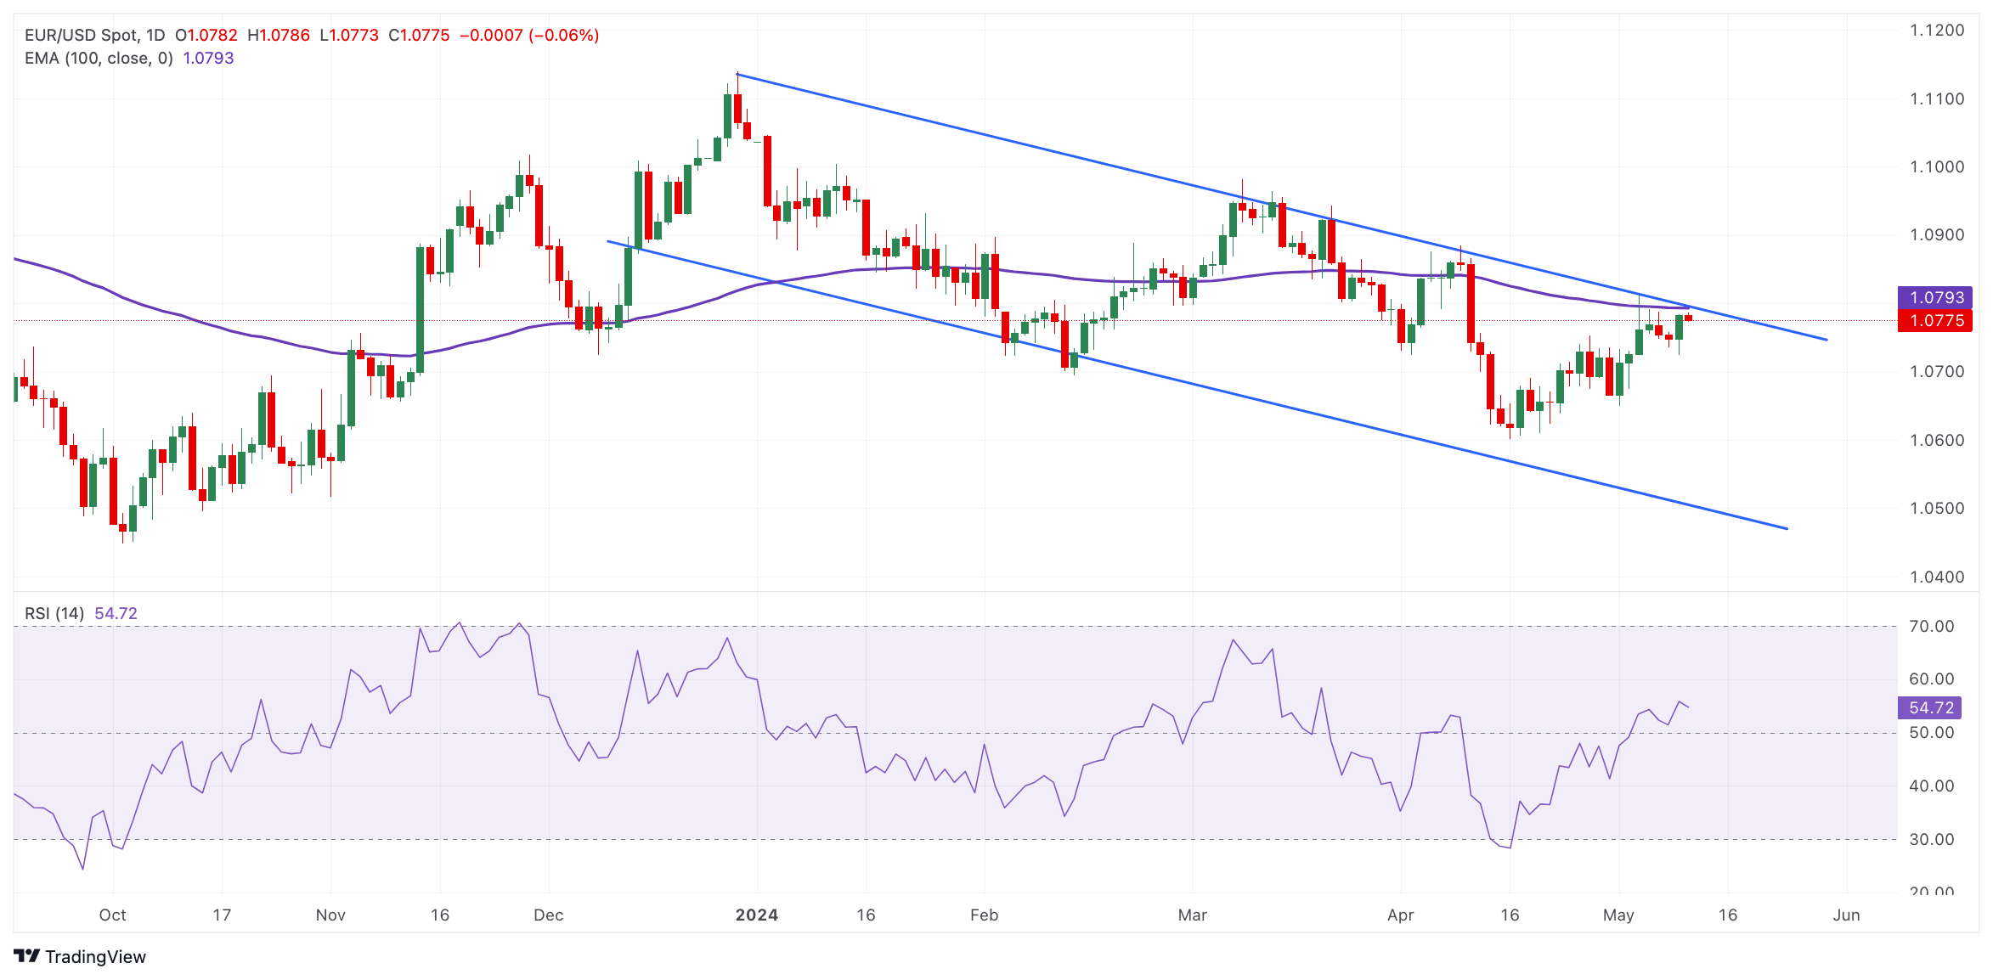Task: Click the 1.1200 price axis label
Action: click(x=1936, y=31)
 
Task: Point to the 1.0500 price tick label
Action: click(x=1936, y=509)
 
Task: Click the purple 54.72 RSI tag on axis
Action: click(x=1930, y=707)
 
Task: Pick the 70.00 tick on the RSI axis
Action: click(x=1931, y=627)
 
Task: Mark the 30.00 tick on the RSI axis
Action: click(x=1931, y=839)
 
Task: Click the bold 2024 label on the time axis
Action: click(x=756, y=915)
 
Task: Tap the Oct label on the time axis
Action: click(x=112, y=915)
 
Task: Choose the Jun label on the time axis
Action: click(x=1846, y=915)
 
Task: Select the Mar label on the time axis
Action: click(x=1192, y=915)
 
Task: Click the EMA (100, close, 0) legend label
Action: click(x=99, y=58)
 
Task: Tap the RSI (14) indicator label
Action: click(x=54, y=613)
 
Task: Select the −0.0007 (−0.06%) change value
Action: click(x=528, y=35)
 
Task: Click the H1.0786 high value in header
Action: click(x=279, y=35)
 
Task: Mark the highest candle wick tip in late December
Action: click(x=737, y=74)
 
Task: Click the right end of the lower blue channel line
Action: click(x=1787, y=528)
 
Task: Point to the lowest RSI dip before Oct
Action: click(x=82, y=868)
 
